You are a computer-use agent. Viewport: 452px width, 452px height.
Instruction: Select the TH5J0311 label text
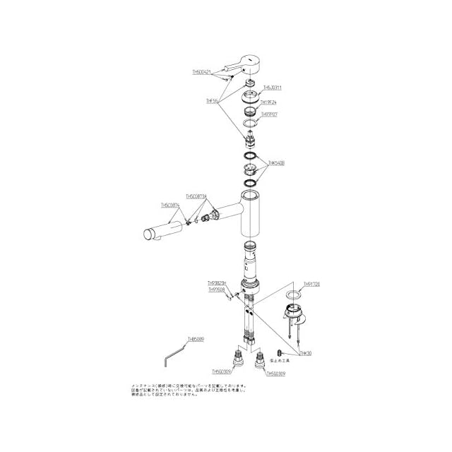(x=273, y=88)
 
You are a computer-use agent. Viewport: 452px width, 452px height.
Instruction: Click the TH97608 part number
(x=217, y=289)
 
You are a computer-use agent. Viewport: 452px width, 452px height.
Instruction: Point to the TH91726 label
(x=311, y=284)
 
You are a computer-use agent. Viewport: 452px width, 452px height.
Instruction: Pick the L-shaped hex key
(x=174, y=352)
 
